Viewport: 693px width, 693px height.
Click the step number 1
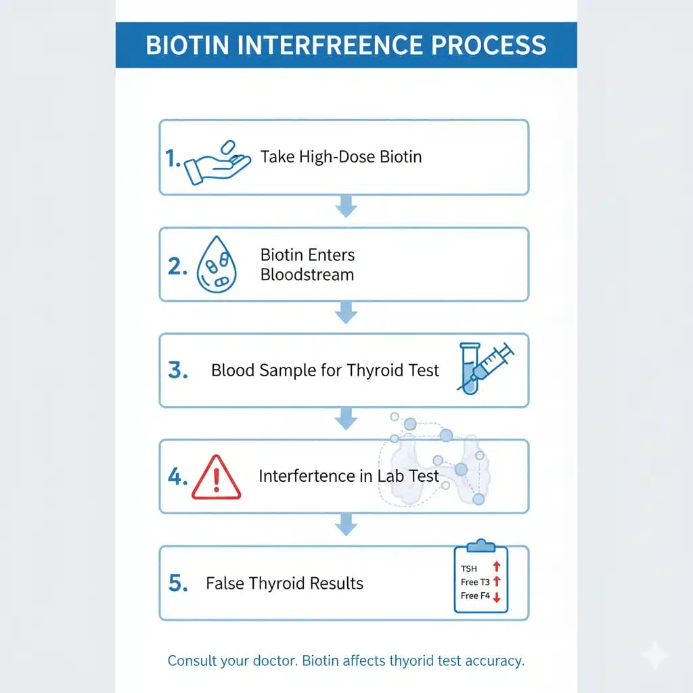(173, 158)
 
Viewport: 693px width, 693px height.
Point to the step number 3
(177, 371)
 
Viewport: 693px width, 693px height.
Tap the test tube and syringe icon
(483, 367)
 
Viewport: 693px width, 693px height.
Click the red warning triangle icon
(216, 477)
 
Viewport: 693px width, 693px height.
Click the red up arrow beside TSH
(496, 567)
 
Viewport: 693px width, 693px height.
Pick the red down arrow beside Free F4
(496, 597)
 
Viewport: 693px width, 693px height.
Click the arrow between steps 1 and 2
(346, 206)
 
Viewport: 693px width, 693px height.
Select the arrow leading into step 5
(346, 524)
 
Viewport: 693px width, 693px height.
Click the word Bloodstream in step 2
(307, 275)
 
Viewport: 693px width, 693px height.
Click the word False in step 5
(225, 583)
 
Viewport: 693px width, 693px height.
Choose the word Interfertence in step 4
(307, 476)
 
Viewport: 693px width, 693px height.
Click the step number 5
(177, 583)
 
